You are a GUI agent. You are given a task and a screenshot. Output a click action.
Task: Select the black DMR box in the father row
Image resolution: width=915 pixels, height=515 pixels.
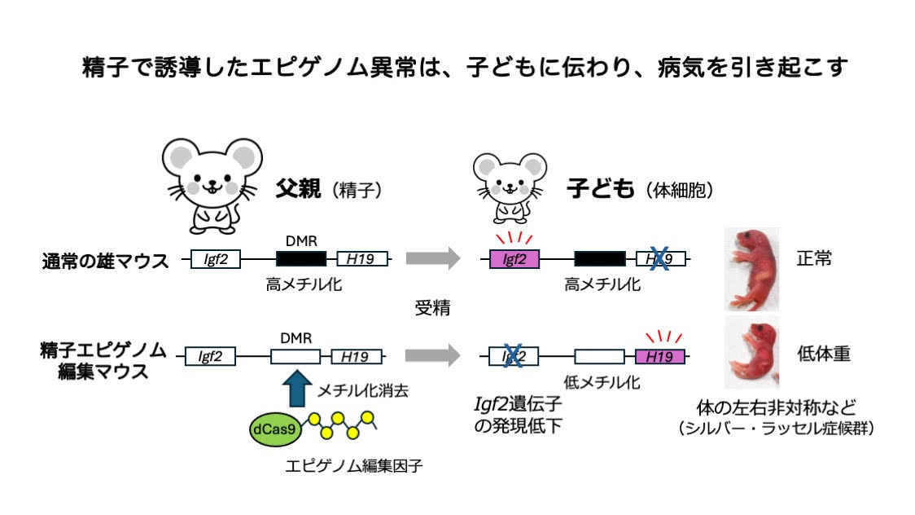pyautogui.click(x=301, y=259)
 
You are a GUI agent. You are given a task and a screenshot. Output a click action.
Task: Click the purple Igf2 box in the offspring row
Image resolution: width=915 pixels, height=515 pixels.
pyautogui.click(x=514, y=259)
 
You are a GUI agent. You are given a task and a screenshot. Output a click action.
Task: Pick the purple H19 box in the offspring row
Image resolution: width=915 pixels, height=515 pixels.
pyautogui.click(x=660, y=356)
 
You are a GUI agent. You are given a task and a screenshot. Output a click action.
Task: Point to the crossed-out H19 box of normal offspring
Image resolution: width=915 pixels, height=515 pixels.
pyautogui.click(x=660, y=259)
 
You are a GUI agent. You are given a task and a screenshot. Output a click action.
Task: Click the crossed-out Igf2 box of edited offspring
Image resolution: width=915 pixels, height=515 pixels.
pyautogui.click(x=513, y=356)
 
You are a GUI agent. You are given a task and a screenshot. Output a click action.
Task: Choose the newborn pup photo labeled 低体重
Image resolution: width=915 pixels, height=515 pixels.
pyautogui.click(x=751, y=352)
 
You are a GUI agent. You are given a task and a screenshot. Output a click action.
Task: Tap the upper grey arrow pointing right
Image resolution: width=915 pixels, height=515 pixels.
pyautogui.click(x=433, y=259)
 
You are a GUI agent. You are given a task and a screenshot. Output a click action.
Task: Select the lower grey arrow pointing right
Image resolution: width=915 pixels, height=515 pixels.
pyautogui.click(x=433, y=355)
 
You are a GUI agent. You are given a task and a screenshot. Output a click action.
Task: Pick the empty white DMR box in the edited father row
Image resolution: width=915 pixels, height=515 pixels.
pyautogui.click(x=295, y=356)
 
